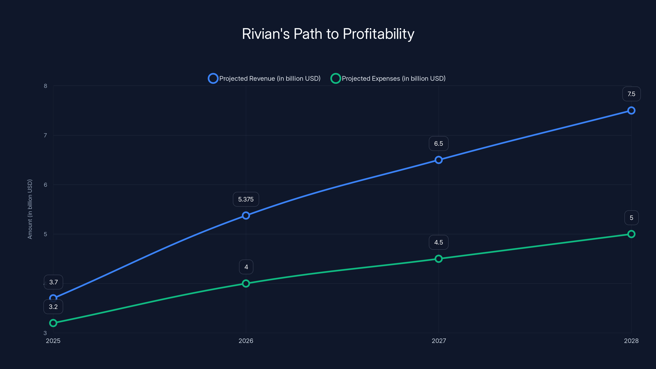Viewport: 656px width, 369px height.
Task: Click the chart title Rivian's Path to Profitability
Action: (x=328, y=34)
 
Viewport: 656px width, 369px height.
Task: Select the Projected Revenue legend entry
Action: (x=264, y=79)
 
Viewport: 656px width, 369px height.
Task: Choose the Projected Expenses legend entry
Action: (x=388, y=79)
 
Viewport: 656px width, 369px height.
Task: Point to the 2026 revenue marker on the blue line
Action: (x=246, y=216)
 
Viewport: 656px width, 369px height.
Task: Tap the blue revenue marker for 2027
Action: (x=438, y=160)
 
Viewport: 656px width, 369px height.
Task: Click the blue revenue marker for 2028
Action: (x=631, y=110)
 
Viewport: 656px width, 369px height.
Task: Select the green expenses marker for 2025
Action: (x=53, y=323)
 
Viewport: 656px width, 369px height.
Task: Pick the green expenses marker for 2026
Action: (x=246, y=284)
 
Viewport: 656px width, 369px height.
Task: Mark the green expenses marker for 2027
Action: (x=438, y=259)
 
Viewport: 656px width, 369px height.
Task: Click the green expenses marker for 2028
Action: (x=631, y=234)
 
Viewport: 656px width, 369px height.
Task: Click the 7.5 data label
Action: (x=631, y=94)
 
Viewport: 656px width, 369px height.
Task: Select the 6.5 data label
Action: (x=438, y=144)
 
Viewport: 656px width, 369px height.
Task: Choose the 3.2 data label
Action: (x=53, y=307)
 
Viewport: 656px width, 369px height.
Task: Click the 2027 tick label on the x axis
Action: (x=439, y=341)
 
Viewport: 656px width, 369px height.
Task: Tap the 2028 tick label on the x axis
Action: (x=631, y=341)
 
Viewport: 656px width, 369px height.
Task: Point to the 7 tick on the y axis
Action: (x=45, y=136)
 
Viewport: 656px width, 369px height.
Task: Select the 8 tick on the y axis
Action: (x=45, y=86)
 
